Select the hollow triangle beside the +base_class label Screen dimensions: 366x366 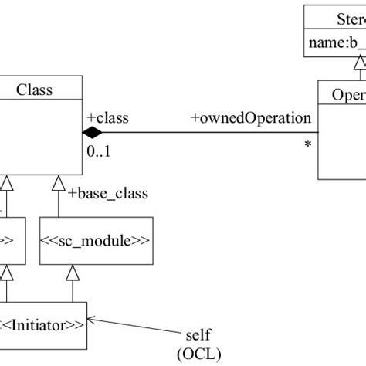click(x=59, y=184)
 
